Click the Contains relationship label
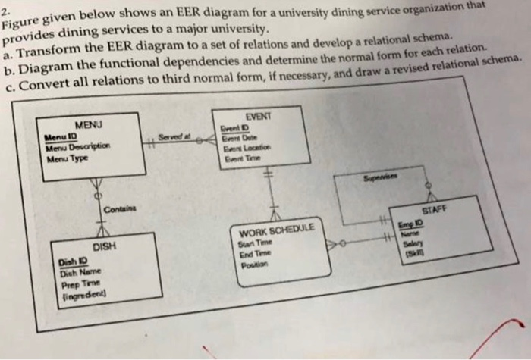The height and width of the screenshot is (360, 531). click(117, 209)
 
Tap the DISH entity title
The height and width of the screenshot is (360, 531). click(102, 247)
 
